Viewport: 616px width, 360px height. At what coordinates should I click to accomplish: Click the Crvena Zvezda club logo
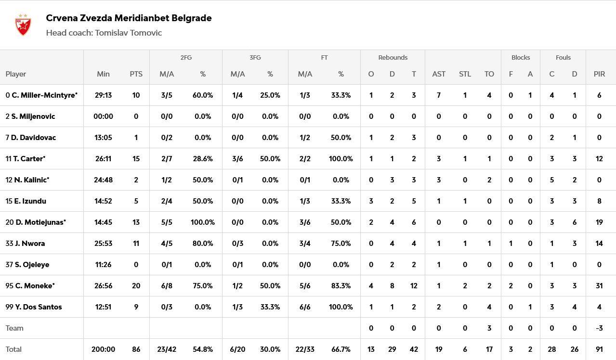coord(23,25)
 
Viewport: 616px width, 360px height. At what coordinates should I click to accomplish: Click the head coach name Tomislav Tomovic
coord(128,33)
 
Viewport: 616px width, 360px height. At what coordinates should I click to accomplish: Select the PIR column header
coord(599,74)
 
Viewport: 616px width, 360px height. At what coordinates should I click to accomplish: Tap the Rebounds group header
coord(393,57)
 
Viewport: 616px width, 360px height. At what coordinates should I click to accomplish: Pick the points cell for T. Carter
coord(136,159)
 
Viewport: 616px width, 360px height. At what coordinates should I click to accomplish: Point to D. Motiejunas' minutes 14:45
coord(103,222)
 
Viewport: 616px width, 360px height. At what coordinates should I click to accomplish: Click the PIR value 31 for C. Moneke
coord(599,286)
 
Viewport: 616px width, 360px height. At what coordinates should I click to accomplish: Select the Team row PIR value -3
coord(599,328)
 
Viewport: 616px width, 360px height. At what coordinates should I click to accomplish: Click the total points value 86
coord(136,349)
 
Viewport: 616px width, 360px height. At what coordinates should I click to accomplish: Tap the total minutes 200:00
coord(103,349)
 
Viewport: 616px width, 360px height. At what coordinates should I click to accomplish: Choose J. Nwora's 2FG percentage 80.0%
coord(203,244)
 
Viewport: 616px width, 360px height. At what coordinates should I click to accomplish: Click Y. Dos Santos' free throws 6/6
coord(305,307)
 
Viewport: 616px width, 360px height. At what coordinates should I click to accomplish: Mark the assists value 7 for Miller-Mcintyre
coord(439,95)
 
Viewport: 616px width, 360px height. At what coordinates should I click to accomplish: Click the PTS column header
coord(136,74)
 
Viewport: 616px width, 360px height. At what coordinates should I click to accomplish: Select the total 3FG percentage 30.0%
coord(270,349)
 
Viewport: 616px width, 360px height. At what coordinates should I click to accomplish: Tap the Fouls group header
coord(563,57)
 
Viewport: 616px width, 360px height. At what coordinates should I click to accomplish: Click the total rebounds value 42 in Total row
coord(414,349)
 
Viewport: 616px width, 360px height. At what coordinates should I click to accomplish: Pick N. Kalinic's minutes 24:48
coord(103,180)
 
